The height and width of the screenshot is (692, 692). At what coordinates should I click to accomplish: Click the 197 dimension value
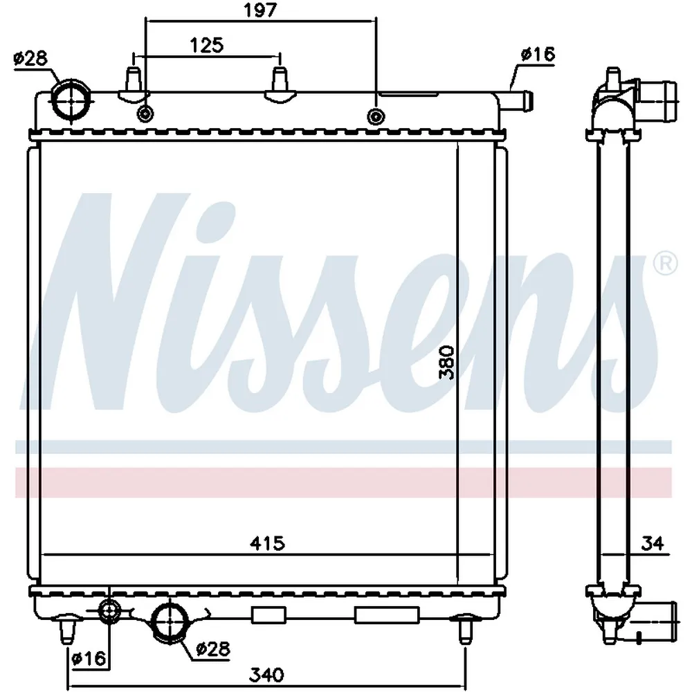coord(260,10)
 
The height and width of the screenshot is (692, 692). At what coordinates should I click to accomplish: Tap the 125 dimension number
coord(206,45)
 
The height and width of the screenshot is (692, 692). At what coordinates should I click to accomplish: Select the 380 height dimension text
coord(446,363)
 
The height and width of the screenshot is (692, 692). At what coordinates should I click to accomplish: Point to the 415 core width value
coord(267,543)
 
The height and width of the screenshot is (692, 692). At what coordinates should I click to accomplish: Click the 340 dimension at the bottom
coord(266,674)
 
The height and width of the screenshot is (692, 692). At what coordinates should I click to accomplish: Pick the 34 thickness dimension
coord(653,543)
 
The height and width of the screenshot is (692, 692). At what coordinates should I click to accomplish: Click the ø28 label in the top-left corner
coord(30,58)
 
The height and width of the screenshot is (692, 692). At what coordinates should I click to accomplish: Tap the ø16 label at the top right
coord(538,54)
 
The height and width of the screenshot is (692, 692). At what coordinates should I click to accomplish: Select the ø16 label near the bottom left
coord(89,659)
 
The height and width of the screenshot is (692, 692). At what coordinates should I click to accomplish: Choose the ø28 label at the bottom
coord(212,648)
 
